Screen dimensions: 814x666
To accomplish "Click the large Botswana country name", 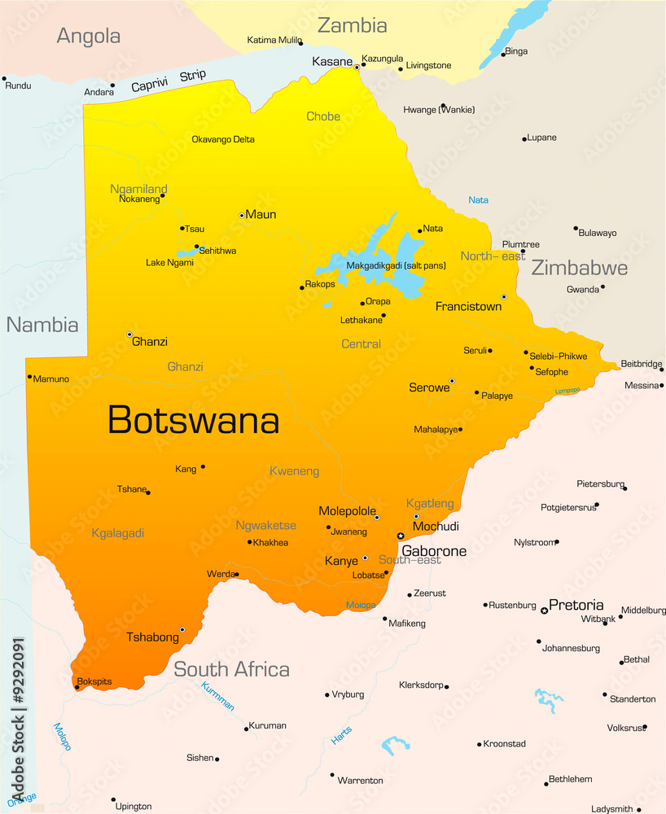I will click(193, 420).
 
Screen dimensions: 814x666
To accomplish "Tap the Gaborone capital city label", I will click(434, 551).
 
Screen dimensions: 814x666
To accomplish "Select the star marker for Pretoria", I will click(544, 610).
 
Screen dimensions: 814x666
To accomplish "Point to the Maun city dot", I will click(242, 215).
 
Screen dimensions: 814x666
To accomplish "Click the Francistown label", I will click(468, 307).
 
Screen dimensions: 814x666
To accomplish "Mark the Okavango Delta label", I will click(223, 139).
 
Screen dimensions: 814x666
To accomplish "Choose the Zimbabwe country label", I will click(579, 268).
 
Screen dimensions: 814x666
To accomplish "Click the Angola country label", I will click(89, 36).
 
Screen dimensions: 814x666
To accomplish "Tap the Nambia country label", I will click(42, 325).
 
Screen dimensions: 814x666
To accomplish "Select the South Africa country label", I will click(231, 669).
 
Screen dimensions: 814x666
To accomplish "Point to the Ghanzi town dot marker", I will click(129, 335).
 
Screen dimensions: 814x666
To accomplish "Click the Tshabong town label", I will click(152, 637).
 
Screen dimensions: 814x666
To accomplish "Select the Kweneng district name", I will click(294, 471).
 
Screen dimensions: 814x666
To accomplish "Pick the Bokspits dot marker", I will click(77, 688).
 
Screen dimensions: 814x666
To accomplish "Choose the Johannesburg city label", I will click(571, 648).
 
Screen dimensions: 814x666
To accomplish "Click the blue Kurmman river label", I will click(217, 696).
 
